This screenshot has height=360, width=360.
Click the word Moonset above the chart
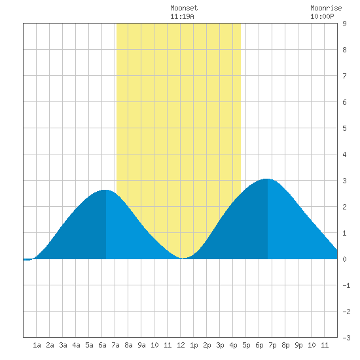pyautogui.click(x=184, y=8)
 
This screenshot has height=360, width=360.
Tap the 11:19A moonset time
pyautogui.click(x=182, y=16)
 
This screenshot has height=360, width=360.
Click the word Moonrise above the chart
pyautogui.click(x=326, y=8)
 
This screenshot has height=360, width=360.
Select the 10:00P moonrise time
pyautogui.click(x=322, y=16)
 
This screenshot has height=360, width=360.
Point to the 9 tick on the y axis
pyautogui.click(x=344, y=24)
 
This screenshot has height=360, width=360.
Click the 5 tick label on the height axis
pyautogui.click(x=344, y=128)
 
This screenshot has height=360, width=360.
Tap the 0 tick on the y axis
pyautogui.click(x=344, y=259)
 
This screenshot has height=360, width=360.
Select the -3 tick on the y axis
pyautogui.click(x=346, y=338)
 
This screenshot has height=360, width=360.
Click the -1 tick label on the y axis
pyautogui.click(x=346, y=285)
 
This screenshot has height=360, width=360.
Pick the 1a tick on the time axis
pyautogui.click(x=37, y=345)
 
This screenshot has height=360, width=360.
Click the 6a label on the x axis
pyautogui.click(x=102, y=345)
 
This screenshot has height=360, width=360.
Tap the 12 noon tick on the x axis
pyautogui.click(x=181, y=345)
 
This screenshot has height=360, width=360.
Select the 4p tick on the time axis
pyautogui.click(x=233, y=345)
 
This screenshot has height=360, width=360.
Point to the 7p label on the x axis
pyautogui.click(x=272, y=345)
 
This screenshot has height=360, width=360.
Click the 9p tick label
pyautogui.click(x=298, y=345)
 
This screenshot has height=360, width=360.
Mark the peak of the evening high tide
pyautogui.click(x=267, y=179)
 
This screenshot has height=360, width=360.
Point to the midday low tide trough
pyautogui.click(x=183, y=258)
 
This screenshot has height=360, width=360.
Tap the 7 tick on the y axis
pyautogui.click(x=344, y=76)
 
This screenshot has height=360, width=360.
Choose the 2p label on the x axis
pyautogui.click(x=207, y=345)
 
